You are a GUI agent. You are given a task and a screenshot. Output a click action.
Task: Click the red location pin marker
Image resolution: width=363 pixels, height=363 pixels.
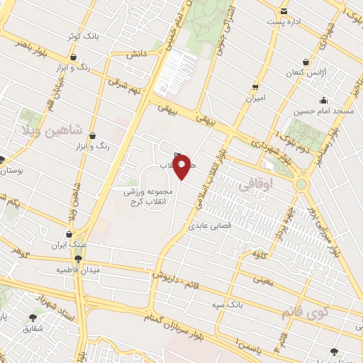183,167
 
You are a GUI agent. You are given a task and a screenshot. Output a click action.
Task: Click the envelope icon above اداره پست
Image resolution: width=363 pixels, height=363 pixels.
284,11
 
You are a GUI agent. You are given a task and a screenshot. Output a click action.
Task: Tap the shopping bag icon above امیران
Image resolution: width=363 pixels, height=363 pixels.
255,87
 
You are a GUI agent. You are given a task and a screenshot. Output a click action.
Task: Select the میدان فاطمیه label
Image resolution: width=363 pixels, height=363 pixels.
79,270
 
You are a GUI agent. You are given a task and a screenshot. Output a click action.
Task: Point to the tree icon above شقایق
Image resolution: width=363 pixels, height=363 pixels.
33,318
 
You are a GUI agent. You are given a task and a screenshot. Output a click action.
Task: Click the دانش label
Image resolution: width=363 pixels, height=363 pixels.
136,54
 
